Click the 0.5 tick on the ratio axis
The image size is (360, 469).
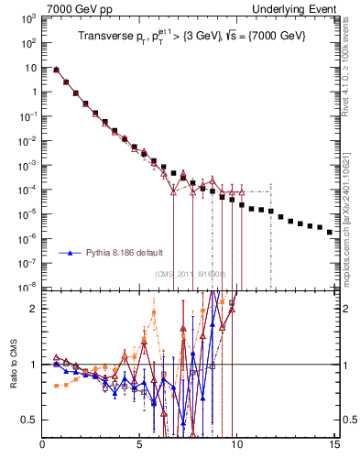point(30,420)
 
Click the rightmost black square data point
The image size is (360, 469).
point(330,232)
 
